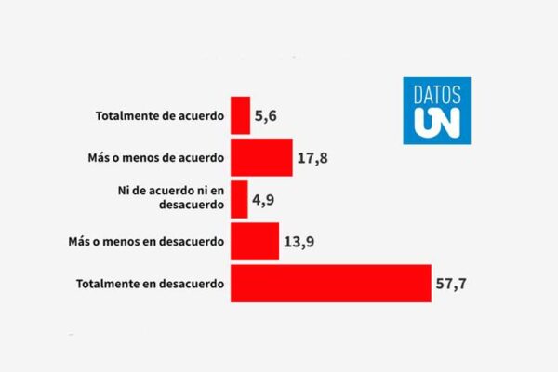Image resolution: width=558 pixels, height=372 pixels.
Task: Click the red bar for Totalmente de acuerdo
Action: (240, 115)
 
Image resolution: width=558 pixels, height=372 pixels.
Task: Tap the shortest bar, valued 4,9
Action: (239, 199)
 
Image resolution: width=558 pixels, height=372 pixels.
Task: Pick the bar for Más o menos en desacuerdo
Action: (254, 241)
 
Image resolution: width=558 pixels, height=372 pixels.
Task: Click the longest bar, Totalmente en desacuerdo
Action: (330, 283)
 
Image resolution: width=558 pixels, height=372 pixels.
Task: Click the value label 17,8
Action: (314, 157)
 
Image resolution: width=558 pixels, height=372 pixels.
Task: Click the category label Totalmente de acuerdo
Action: (160, 116)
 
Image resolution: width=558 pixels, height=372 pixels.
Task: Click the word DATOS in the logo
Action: (436, 94)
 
